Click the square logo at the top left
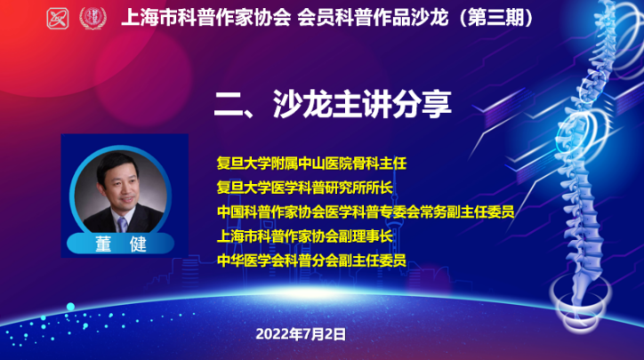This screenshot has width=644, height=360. click(x=58, y=19)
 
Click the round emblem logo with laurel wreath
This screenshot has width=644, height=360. click(x=93, y=18)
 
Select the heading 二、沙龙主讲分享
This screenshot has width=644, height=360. click(x=333, y=104)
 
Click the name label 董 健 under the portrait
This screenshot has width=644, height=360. click(x=121, y=244)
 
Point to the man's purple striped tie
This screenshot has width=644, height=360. click(x=123, y=225)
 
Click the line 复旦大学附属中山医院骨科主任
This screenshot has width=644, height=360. click(x=311, y=164)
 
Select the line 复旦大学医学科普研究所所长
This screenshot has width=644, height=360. click(x=305, y=188)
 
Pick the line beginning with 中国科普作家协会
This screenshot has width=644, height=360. click(x=366, y=212)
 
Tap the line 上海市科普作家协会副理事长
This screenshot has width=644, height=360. click(x=305, y=236)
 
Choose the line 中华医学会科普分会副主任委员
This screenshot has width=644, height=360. click(x=311, y=260)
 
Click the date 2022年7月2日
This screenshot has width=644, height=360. click(x=301, y=334)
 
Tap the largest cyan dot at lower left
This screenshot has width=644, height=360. click(x=70, y=307)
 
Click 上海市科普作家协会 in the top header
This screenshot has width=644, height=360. click(x=206, y=18)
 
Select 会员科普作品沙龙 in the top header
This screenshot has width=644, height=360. click(x=373, y=18)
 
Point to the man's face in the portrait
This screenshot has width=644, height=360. click(x=122, y=188)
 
